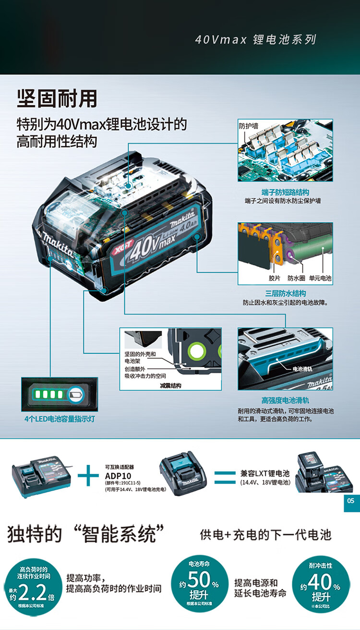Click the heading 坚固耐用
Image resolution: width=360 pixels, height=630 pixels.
[x=57, y=98]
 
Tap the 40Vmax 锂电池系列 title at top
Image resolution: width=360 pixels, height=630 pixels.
[x=255, y=39]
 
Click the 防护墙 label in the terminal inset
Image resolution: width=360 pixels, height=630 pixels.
[x=248, y=126]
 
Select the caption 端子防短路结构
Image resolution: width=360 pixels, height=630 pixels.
[x=285, y=191]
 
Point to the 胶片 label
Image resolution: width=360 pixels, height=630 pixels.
[x=274, y=278]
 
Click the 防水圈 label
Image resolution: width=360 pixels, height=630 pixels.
[x=296, y=278]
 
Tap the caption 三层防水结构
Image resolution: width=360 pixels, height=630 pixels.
[x=285, y=293]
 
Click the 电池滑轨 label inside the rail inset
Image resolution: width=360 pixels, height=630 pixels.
[x=302, y=369]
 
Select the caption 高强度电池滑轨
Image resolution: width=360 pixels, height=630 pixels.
[x=285, y=400]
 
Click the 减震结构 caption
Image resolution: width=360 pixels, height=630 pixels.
[x=170, y=385]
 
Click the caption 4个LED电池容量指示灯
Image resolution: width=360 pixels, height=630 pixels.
[x=60, y=419]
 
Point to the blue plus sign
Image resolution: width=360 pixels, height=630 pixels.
[x=88, y=476]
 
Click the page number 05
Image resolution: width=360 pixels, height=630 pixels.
[x=351, y=501]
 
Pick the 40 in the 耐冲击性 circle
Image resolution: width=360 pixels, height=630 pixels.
[x=320, y=582]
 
